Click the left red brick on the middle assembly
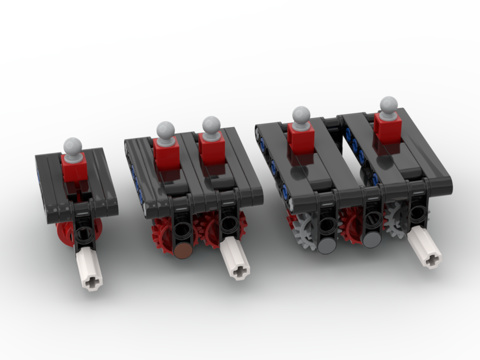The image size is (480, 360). tap(167, 152)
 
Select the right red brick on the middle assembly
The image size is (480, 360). tap(212, 147)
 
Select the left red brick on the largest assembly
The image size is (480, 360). tap(301, 137)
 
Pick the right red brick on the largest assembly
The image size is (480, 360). tap(388, 127)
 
